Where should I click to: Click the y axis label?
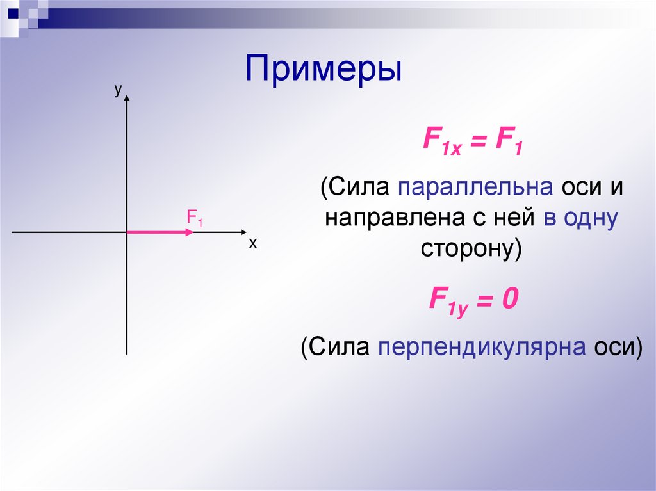[118, 90]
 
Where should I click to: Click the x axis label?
[252, 244]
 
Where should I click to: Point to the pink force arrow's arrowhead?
[188, 232]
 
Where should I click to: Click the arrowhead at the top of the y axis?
[128, 99]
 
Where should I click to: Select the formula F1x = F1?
[472, 141]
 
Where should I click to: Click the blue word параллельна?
[475, 188]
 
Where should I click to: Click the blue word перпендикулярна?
[481, 346]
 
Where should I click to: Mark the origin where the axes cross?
[127, 232]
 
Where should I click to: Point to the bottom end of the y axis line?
[127, 353]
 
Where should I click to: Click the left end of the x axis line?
[13, 232]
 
